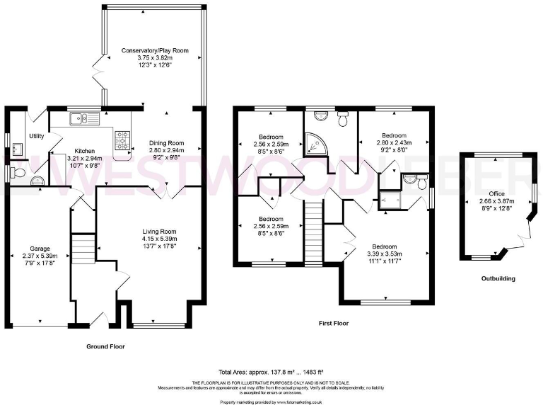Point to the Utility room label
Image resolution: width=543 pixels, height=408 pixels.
[x=37, y=136]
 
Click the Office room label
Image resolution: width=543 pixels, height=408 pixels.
[x=496, y=193]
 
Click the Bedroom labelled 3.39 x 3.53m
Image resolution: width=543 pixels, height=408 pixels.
[x=384, y=254]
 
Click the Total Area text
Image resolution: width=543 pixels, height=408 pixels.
[x=271, y=372]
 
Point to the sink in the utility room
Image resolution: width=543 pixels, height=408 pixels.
[x=17, y=149]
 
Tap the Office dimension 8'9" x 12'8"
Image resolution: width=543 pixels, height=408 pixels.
[x=496, y=208]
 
